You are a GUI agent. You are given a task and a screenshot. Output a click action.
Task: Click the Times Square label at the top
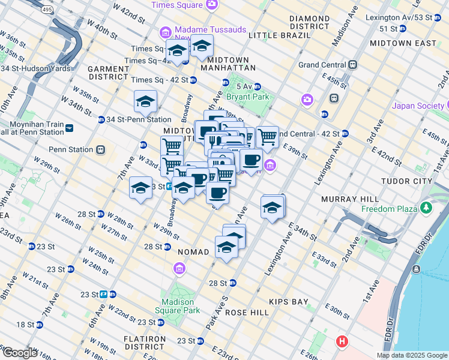tap(178, 5)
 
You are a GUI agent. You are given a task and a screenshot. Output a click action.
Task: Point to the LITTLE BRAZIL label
tap(280, 35)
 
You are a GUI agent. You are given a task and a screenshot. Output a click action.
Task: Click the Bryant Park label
tap(246, 97)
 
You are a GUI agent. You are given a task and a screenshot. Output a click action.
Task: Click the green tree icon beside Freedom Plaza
tap(426, 208)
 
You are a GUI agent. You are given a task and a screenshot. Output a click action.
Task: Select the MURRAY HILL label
tap(349, 199)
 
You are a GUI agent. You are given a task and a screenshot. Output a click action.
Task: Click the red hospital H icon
tap(342, 341)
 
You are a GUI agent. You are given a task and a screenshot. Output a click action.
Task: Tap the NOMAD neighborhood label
tap(193, 252)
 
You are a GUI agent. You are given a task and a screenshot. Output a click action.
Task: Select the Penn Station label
tap(70, 149)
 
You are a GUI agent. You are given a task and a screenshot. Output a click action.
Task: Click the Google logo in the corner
tap(20, 352)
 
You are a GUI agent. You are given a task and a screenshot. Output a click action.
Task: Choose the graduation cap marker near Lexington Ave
tap(273, 208)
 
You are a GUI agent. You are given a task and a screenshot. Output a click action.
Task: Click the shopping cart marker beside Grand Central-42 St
tap(267, 137)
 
